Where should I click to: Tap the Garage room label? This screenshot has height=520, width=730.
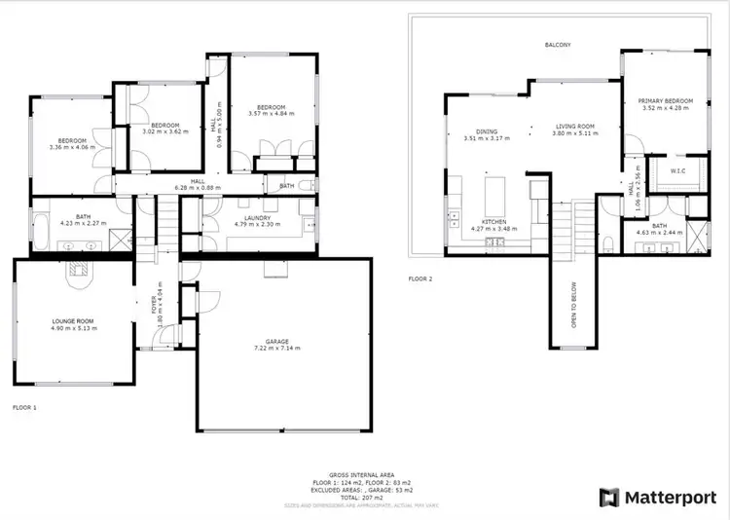pyautogui.click(x=277, y=341)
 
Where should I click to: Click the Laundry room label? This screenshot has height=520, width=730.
pyautogui.click(x=257, y=218)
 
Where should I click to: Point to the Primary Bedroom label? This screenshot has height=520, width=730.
pyautogui.click(x=666, y=101)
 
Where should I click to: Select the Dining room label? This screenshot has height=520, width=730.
pyautogui.click(x=487, y=130)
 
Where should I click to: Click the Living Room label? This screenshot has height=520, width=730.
pyautogui.click(x=574, y=126)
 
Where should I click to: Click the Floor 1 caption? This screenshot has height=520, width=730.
pyautogui.click(x=23, y=407)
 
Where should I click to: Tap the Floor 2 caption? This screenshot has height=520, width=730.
pyautogui.click(x=420, y=279)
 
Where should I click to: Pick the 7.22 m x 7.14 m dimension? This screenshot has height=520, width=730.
pyautogui.click(x=277, y=348)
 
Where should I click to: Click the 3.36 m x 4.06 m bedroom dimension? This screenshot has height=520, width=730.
pyautogui.click(x=72, y=147)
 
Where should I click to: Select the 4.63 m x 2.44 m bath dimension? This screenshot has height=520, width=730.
pyautogui.click(x=659, y=234)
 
